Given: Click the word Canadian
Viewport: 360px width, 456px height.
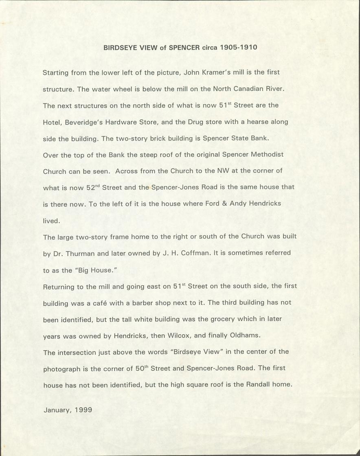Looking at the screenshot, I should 246,89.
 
